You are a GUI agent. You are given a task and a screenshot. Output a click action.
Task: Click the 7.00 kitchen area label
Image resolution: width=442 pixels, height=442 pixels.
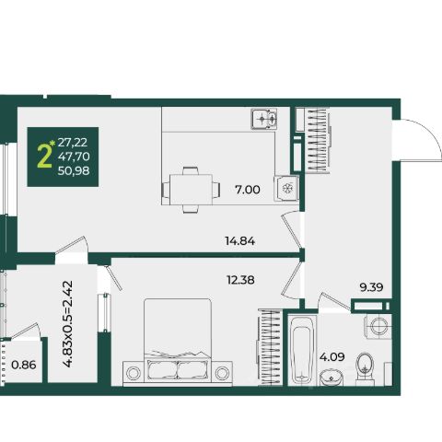[x=248, y=190]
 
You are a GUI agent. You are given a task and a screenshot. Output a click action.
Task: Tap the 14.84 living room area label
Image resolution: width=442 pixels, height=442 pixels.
[x=240, y=241]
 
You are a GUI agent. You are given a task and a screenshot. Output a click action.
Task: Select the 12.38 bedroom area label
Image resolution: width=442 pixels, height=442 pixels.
[x=240, y=280]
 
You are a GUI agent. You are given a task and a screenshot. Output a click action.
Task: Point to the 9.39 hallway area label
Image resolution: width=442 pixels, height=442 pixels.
[x=371, y=287]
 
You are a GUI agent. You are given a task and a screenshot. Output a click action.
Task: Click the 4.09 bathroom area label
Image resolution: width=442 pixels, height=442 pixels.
[x=332, y=357]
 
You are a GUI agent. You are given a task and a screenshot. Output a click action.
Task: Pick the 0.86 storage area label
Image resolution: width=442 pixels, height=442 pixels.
[x=24, y=365]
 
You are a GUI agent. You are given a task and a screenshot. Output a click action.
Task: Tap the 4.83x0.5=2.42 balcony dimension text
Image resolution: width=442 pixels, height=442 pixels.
[x=67, y=324]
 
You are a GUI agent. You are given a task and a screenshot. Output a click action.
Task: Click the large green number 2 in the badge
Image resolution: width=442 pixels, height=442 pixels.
[x=44, y=157]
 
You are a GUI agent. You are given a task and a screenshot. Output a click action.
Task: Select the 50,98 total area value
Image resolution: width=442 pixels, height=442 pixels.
[x=74, y=170]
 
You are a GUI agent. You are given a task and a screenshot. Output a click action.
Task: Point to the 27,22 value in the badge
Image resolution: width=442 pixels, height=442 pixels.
[x=73, y=143]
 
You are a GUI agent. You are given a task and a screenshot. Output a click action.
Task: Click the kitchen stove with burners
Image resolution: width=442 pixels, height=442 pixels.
[x=264, y=119]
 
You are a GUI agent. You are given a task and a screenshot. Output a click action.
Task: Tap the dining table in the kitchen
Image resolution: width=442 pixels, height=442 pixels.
[x=191, y=190]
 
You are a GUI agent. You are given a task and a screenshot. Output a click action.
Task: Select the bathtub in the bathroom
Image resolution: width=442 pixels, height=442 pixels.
[x=302, y=350]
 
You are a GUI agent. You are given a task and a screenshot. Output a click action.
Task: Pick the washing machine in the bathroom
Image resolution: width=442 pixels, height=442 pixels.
[x=378, y=326]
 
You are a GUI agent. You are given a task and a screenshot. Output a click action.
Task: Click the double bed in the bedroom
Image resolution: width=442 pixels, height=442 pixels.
[x=178, y=341]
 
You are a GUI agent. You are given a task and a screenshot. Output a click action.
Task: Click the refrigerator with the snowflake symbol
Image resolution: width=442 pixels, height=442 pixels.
[x=287, y=188]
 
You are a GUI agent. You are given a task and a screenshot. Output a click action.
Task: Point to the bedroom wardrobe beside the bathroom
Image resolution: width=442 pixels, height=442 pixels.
[x=270, y=347]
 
